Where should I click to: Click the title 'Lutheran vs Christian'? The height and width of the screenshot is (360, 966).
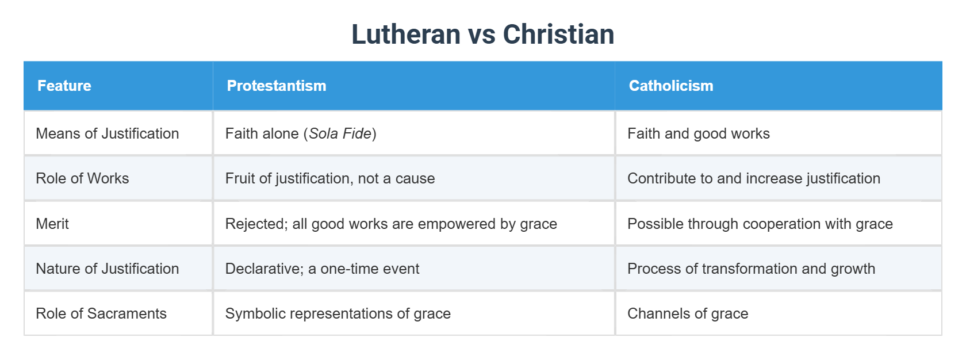(x=482, y=35)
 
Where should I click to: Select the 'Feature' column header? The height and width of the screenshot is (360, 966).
(x=64, y=86)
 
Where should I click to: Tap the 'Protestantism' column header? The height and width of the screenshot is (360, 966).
(x=277, y=86)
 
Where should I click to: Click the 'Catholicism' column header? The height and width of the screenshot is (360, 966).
(x=671, y=86)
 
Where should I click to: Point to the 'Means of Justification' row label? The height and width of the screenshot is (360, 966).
(x=108, y=133)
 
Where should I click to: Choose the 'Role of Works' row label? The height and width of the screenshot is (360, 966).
(x=82, y=178)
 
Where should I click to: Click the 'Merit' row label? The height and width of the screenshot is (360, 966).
(x=52, y=224)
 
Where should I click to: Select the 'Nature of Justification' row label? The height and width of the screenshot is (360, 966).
(x=108, y=269)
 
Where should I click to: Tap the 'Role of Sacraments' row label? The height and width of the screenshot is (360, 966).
(x=101, y=313)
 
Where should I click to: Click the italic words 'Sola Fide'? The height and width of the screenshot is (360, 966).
(x=340, y=133)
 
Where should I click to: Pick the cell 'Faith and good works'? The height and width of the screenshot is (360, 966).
(x=699, y=133)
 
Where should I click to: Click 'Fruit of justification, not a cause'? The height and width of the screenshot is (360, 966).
(x=330, y=178)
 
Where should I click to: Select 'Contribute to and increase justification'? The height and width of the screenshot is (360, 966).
(x=754, y=178)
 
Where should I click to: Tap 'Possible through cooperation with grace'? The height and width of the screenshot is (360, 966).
(x=760, y=224)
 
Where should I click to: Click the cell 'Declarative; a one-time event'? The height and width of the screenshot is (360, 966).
(x=322, y=269)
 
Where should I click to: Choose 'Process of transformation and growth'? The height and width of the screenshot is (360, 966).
(x=752, y=269)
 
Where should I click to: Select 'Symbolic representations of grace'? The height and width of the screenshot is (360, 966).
(x=338, y=313)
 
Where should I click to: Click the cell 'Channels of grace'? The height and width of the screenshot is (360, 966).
(x=688, y=313)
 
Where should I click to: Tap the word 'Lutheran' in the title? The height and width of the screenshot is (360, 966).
(x=406, y=35)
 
